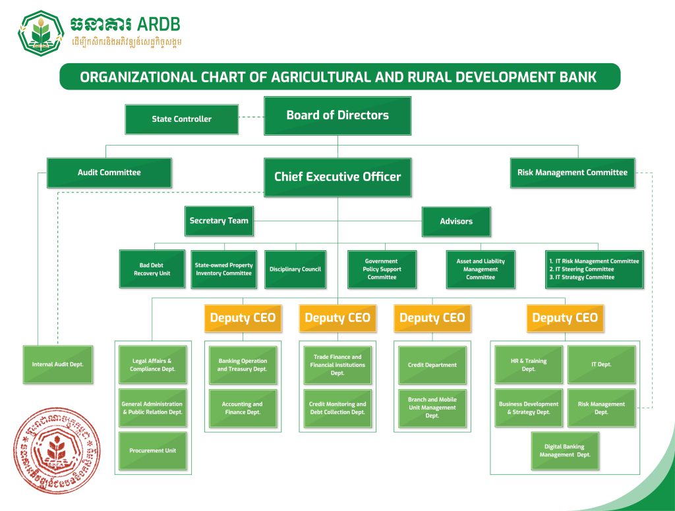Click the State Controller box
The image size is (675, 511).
pos(181,119)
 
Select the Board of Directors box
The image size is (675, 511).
pos(337,115)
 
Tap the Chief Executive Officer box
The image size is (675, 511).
pos(337,176)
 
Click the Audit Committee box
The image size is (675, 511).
pos(109,173)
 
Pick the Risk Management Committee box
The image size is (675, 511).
pos(572,173)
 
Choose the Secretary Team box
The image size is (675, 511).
pos(219,221)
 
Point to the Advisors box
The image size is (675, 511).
pos(456,221)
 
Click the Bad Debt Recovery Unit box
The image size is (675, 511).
pos(152,269)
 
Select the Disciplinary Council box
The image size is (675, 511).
pos(295,269)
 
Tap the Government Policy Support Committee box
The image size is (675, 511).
pos(382,269)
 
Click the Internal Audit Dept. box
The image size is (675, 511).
pos(58,364)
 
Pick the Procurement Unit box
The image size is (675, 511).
pos(152,450)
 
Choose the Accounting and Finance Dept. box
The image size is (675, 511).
pos(242,408)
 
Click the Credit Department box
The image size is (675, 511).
pos(432,365)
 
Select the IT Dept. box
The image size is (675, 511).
pos(601,364)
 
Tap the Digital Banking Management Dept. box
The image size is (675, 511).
pos(565,451)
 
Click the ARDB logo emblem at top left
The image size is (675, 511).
pos(40,32)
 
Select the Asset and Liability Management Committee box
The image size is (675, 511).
pos(481,269)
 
